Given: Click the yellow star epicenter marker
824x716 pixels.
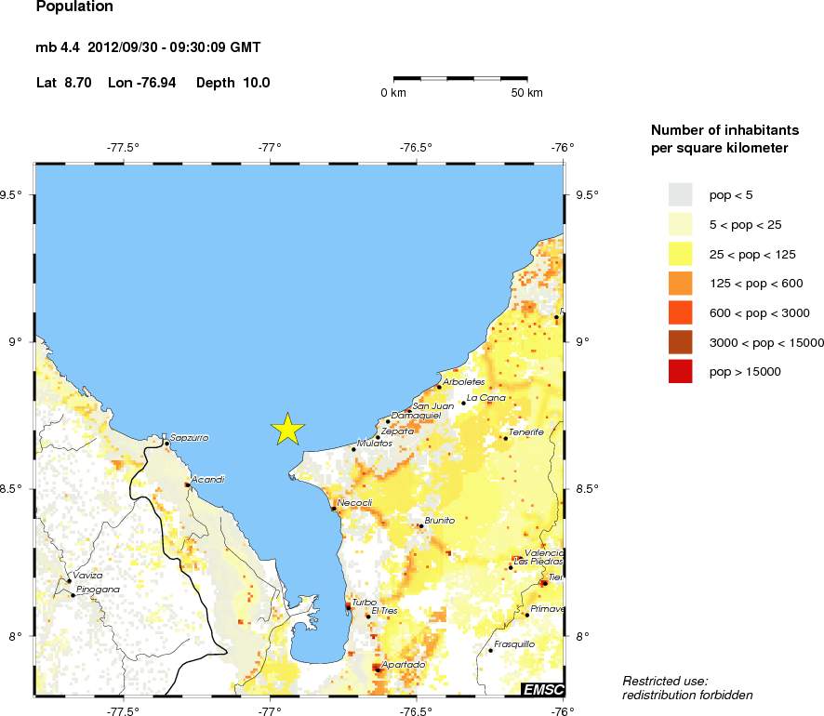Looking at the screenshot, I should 288,429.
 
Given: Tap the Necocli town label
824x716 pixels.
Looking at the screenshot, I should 354,503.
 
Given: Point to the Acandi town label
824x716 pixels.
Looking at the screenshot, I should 207,479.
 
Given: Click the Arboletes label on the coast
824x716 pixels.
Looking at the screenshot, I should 464,382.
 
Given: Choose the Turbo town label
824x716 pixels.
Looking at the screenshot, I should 364,603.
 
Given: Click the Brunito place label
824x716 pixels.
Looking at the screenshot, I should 439,521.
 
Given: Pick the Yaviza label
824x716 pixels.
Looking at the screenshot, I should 87,576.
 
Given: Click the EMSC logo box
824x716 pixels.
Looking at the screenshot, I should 542,689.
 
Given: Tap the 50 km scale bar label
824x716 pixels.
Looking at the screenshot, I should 527,93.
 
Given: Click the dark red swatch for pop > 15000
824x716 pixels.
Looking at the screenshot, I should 681,372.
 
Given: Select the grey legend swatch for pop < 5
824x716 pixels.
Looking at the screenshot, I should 681,193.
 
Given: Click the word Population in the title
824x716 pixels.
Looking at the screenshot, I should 74,7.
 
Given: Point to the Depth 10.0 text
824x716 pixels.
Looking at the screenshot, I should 233,83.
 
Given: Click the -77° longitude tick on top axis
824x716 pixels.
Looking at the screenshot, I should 270,146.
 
